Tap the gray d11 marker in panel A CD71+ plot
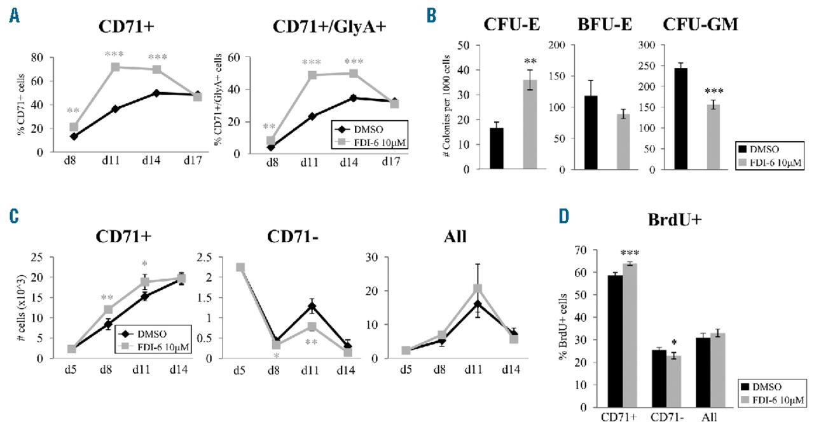(x=116, y=67)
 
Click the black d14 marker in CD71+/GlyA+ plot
(x=352, y=98)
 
